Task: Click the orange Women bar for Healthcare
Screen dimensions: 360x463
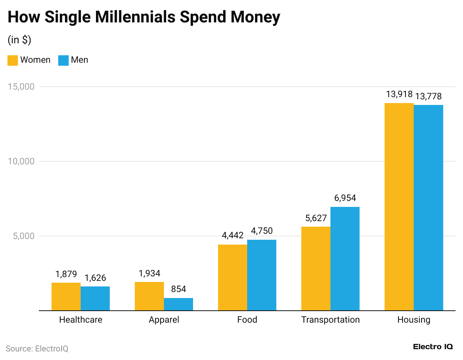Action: click(66, 297)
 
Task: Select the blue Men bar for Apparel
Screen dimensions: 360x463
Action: click(178, 304)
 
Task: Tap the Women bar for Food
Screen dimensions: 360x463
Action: click(233, 277)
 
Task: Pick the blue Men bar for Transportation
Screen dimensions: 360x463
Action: click(345, 258)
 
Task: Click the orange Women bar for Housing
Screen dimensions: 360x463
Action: click(399, 207)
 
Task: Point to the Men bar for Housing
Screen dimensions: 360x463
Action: click(429, 208)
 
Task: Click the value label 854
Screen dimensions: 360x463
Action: click(178, 289)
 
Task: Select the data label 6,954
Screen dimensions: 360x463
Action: click(345, 198)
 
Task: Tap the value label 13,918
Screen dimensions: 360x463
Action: click(399, 94)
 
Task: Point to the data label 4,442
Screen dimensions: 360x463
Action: click(233, 235)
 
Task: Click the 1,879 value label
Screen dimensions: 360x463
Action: click(66, 274)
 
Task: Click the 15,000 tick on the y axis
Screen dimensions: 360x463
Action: click(21, 87)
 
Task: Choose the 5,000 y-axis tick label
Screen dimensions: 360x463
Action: click(24, 236)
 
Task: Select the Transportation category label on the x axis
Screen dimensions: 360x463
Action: click(330, 320)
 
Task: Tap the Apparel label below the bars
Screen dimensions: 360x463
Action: click(164, 320)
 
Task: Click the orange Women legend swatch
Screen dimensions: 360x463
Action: click(13, 60)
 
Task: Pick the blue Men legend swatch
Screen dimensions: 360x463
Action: click(63, 60)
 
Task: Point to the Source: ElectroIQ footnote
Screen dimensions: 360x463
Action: click(37, 349)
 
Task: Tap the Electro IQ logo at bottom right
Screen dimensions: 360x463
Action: click(433, 347)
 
